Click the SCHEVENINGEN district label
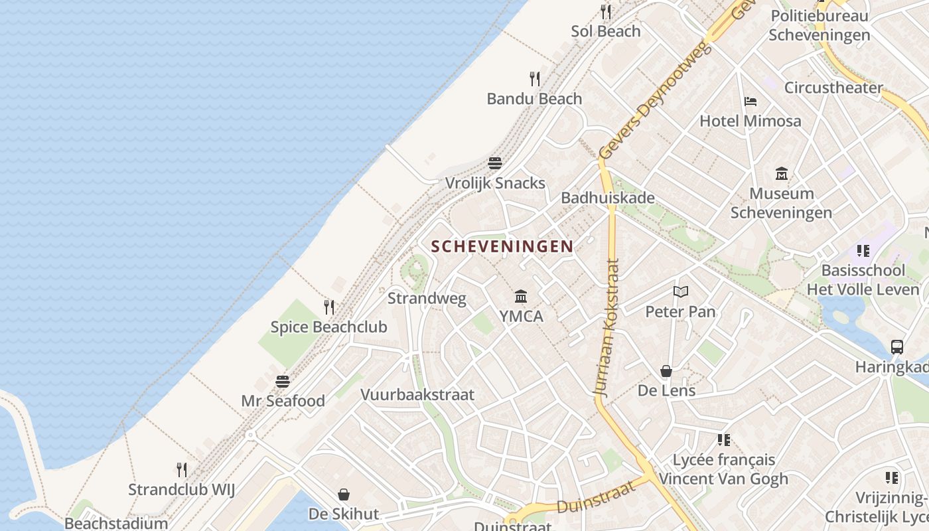[502, 246]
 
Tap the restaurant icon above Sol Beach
[606, 11]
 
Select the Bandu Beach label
[534, 99]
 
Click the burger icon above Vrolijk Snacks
[495, 163]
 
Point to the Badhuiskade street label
[608, 198]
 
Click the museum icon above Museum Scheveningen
[782, 174]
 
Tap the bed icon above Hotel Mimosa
[750, 102]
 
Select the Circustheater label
[833, 88]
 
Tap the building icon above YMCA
[521, 296]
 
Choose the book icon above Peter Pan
[680, 291]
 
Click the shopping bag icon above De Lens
[666, 371]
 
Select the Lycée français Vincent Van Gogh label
[723, 469]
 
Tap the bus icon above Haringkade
[896, 346]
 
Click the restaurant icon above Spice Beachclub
[328, 307]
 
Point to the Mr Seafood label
[283, 401]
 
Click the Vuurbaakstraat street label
[417, 394]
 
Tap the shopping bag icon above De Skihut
[344, 494]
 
